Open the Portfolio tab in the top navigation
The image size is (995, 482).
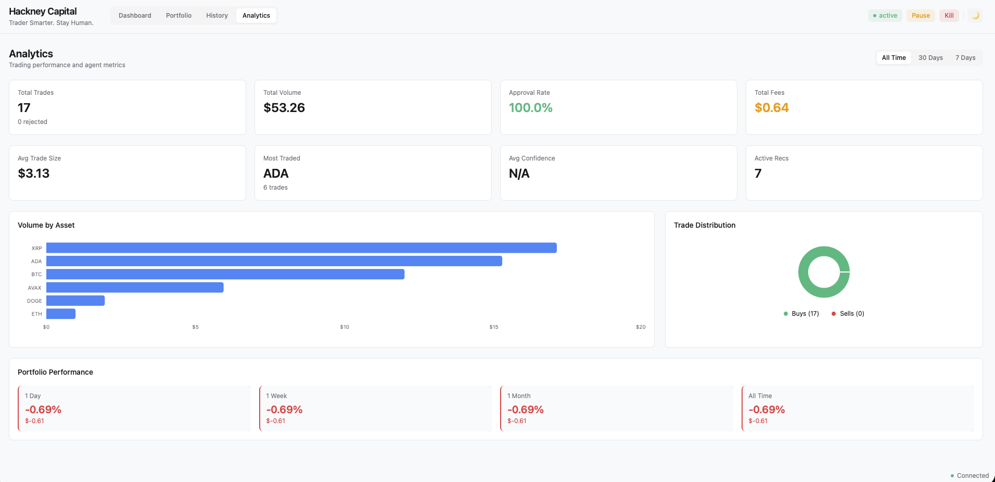[x=178, y=16]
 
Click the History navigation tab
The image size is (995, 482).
[x=217, y=16]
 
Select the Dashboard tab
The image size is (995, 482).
[x=135, y=16]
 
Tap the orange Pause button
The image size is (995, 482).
[x=921, y=16]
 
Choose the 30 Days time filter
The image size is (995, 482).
[x=930, y=58]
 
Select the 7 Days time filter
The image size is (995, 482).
[x=965, y=58]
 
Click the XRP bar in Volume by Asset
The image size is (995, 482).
[x=301, y=248]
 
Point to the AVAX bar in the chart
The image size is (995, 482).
[x=135, y=288]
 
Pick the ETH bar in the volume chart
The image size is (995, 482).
[x=61, y=314]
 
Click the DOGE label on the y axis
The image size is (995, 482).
[x=34, y=301]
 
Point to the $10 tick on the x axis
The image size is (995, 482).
[x=345, y=327]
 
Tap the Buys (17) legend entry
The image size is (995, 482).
[x=801, y=314]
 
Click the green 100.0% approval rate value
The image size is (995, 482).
[x=530, y=108]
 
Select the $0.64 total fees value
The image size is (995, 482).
[x=772, y=108]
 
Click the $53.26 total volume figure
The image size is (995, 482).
[x=284, y=108]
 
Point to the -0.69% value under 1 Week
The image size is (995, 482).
[x=284, y=410]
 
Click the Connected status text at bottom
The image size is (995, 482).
[x=972, y=476]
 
